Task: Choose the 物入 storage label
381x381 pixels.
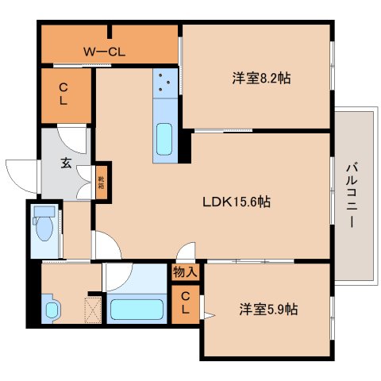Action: point(186,271)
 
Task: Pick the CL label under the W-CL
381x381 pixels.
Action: point(62,95)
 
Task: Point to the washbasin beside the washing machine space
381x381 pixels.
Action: point(51,309)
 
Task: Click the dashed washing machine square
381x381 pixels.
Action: point(91,309)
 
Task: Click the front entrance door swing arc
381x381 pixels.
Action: point(20,171)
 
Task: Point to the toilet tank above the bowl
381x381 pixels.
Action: point(44,212)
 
